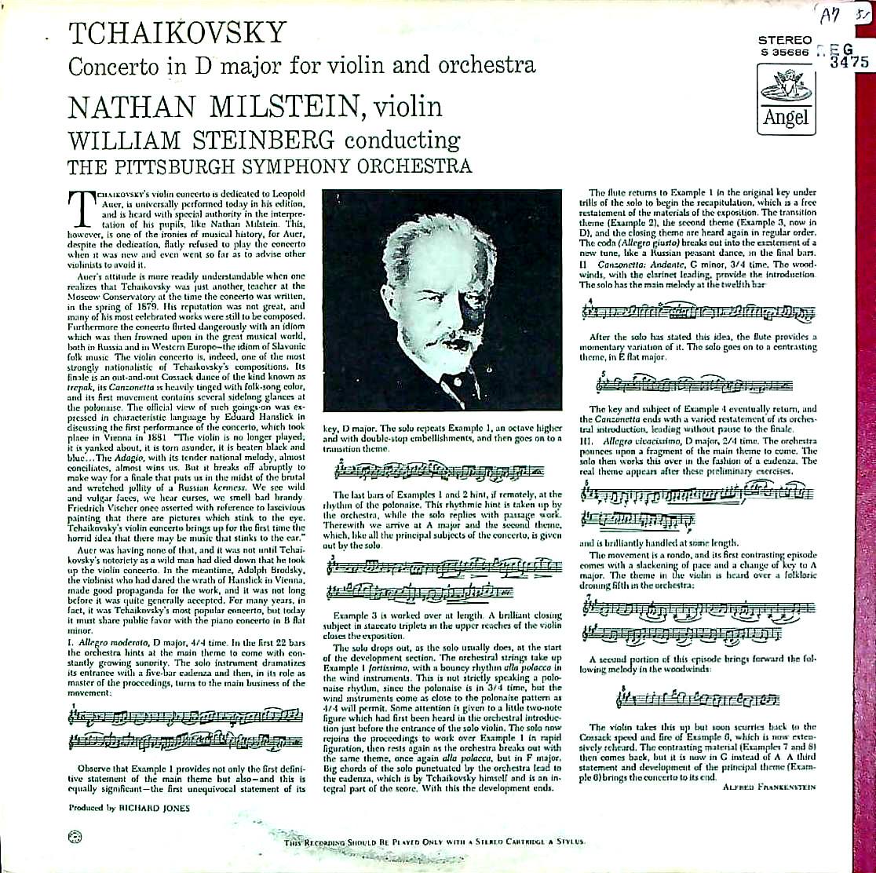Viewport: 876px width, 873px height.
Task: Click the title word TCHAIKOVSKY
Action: click(x=178, y=33)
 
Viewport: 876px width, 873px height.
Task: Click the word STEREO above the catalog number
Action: click(x=785, y=39)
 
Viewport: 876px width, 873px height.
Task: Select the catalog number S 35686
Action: click(x=784, y=52)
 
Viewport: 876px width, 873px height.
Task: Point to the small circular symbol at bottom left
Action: click(x=75, y=836)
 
